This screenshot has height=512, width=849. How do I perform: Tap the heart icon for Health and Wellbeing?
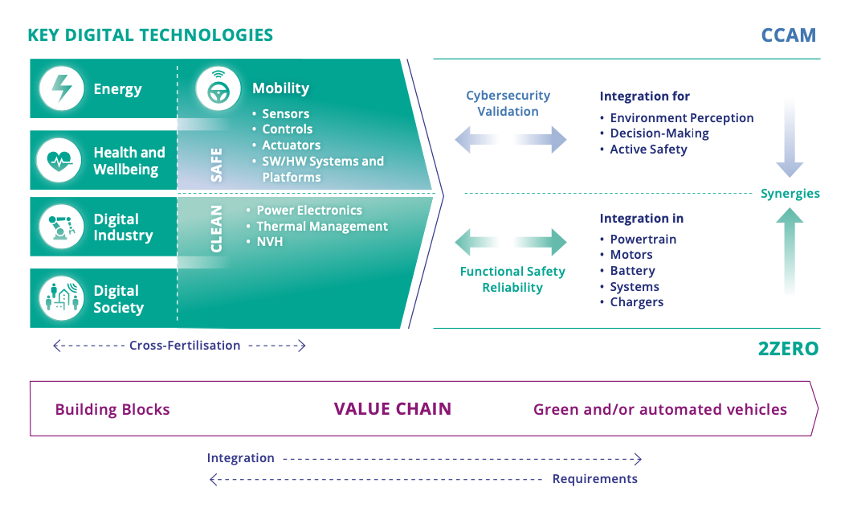(59, 161)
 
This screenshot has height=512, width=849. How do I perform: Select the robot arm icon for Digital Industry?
(59, 227)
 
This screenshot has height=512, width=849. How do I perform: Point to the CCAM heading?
(788, 35)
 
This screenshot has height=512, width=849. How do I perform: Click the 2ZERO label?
(788, 349)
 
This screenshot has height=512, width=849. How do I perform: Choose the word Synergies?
(790, 194)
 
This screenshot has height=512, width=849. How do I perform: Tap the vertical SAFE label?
(217, 164)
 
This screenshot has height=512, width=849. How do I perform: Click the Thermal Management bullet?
(321, 227)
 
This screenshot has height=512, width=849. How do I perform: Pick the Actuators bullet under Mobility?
(291, 145)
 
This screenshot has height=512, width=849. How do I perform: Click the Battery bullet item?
(632, 271)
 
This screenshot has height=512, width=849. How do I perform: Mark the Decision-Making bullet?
(659, 133)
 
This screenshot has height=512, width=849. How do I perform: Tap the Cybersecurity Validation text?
(508, 104)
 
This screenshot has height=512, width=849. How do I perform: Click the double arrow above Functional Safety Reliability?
(511, 242)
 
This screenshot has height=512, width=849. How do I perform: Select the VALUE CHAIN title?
(393, 409)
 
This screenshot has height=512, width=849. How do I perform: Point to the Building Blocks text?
(112, 410)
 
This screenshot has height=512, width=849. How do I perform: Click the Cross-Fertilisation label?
(185, 346)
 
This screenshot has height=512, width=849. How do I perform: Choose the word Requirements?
(594, 479)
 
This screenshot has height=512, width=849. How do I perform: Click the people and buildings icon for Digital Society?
(59, 298)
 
